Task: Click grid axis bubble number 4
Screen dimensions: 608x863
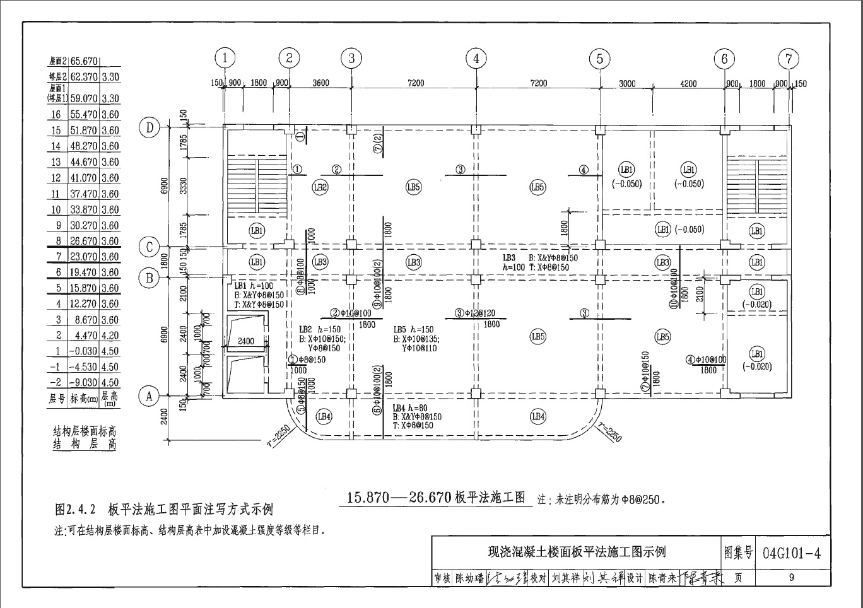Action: point(476,59)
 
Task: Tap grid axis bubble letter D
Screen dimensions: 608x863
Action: point(150,128)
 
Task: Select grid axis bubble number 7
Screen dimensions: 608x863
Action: point(788,59)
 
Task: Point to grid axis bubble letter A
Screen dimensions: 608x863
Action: point(150,396)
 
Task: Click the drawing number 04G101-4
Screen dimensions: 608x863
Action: point(792,553)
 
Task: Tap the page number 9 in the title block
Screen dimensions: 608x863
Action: point(791,577)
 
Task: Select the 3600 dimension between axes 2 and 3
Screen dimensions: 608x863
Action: point(320,83)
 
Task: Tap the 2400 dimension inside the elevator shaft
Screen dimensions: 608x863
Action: point(246,341)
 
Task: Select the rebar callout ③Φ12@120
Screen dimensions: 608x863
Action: point(475,313)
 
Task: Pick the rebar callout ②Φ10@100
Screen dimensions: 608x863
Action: point(351,313)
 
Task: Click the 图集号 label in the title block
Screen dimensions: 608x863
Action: point(739,553)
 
